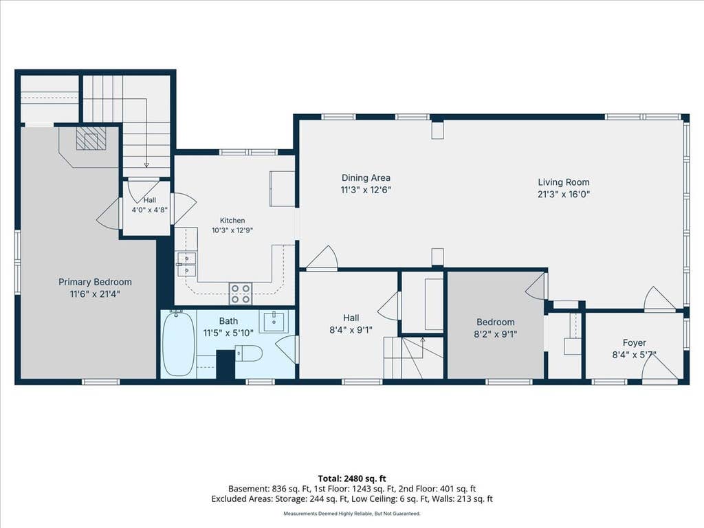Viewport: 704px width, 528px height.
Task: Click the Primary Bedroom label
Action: click(x=95, y=282)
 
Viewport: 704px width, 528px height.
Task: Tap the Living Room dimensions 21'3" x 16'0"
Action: click(x=564, y=195)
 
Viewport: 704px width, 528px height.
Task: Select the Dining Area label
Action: click(x=366, y=178)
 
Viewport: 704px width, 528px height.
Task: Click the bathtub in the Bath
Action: click(x=178, y=344)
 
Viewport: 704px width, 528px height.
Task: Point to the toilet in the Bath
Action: click(x=248, y=353)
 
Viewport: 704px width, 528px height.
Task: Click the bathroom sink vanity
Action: click(x=274, y=322)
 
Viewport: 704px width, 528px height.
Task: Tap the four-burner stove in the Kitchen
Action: click(x=241, y=294)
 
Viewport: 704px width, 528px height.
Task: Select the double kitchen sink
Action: click(x=186, y=264)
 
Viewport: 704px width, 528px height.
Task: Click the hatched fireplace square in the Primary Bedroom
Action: click(x=91, y=138)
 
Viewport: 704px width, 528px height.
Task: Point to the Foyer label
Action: click(x=635, y=342)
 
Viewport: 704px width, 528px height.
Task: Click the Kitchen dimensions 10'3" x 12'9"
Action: click(x=232, y=231)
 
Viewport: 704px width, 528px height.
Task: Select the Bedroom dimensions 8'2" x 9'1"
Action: click(x=496, y=334)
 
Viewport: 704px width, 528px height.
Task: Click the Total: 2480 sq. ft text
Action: click(x=352, y=478)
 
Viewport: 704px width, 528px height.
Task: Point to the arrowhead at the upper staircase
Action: click(x=146, y=165)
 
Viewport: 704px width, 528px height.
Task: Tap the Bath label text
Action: click(x=228, y=321)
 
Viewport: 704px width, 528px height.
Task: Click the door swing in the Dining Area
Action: click(x=322, y=258)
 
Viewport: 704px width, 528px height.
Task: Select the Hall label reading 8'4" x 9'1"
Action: click(x=351, y=324)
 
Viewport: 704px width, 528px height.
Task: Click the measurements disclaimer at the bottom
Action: click(x=352, y=513)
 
